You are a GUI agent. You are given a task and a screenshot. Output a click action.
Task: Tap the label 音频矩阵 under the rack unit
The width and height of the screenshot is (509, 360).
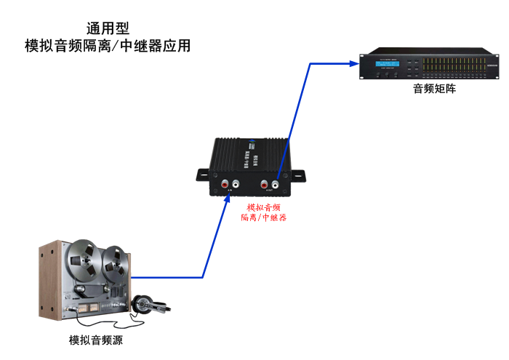[x=435, y=89]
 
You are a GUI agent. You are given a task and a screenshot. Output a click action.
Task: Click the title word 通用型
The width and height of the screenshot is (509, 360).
[x=108, y=29]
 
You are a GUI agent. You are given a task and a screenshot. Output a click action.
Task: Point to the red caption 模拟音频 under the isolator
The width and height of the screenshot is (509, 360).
[x=263, y=207]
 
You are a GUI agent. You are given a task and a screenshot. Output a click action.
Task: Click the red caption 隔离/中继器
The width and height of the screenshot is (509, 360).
[x=263, y=217]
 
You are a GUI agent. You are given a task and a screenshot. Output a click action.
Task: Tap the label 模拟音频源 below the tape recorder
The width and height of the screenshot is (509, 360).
[x=97, y=340]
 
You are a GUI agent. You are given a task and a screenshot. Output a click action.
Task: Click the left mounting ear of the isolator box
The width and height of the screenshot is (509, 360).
[x=202, y=174]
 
